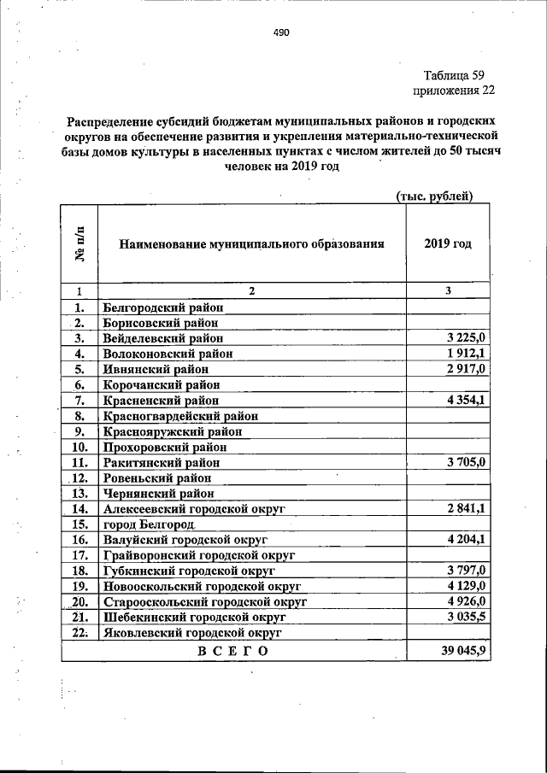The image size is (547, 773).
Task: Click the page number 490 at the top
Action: [x=283, y=32]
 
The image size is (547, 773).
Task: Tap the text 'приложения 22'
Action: [x=453, y=90]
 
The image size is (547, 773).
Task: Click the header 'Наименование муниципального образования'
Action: [x=251, y=243]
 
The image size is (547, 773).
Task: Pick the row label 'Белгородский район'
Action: [x=162, y=307]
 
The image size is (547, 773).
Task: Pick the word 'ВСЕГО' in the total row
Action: [x=232, y=652]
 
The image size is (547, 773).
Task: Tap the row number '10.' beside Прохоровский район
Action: [x=81, y=447]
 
